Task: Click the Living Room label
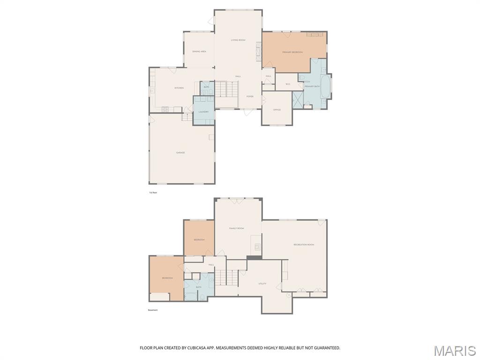238,40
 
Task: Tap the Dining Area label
199,52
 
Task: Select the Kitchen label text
179,88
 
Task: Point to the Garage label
180,153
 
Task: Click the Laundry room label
203,112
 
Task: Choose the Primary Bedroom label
292,52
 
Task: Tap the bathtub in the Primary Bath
324,87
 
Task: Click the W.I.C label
288,84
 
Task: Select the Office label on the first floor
277,110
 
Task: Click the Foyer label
250,97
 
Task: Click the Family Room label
237,228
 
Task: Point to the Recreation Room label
304,245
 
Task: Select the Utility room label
262,284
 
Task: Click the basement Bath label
199,287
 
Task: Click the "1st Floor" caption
153,193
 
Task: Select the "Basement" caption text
153,310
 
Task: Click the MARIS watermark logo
454,350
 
